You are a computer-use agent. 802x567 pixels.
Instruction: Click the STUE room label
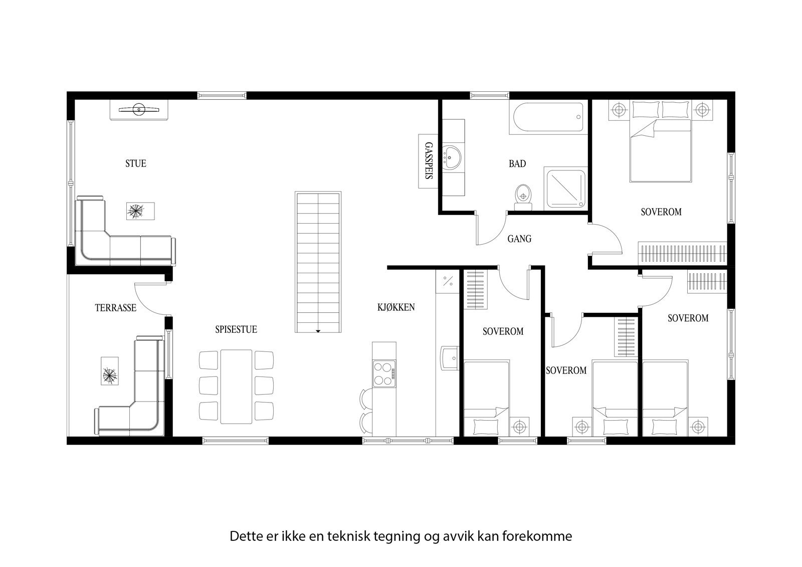(x=135, y=163)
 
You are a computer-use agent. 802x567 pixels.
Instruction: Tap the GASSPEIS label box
(x=428, y=161)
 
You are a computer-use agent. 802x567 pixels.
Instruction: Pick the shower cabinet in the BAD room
(x=565, y=188)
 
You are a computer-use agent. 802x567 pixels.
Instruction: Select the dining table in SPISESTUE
(x=236, y=386)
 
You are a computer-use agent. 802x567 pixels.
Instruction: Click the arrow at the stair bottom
(x=318, y=331)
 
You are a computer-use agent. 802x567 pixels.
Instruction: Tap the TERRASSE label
(x=115, y=308)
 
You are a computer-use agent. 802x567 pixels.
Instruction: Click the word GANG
(x=519, y=239)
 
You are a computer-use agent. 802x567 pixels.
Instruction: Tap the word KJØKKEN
(x=396, y=307)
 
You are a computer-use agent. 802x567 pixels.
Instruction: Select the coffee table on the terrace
(x=109, y=372)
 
